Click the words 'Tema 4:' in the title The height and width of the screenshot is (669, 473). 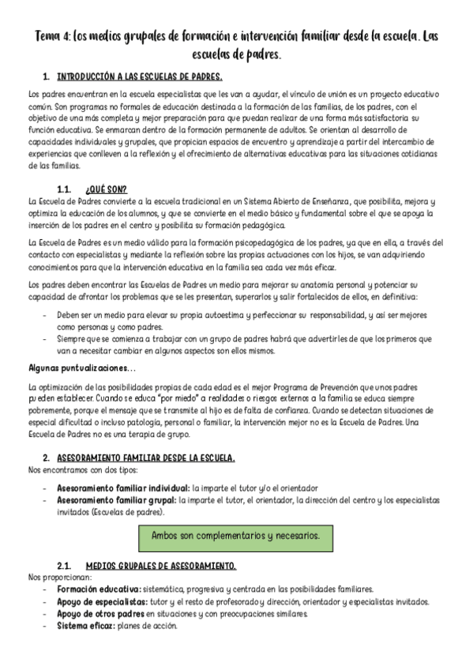pos(53,37)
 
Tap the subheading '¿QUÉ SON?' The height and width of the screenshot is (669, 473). pos(104,189)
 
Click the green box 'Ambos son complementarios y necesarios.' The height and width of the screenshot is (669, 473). pos(235,535)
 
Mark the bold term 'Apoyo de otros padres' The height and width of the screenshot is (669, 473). pos(100,613)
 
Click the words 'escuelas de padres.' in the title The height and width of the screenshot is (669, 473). pos(236,55)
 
